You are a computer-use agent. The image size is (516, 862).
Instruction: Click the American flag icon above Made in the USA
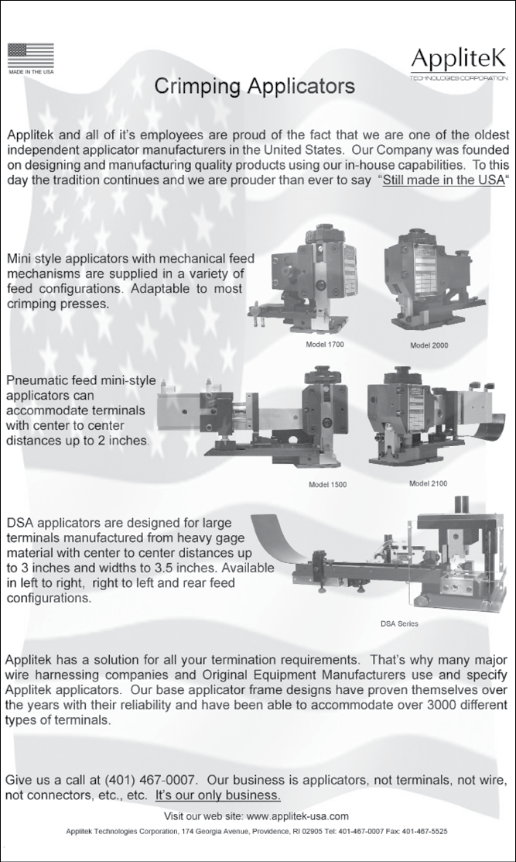31,55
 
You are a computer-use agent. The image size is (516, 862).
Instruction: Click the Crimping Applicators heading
255,86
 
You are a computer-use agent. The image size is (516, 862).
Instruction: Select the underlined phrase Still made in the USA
443,180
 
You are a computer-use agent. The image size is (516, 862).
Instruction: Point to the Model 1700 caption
325,345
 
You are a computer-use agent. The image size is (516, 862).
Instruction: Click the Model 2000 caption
429,345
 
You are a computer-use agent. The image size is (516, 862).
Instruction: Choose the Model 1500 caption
328,485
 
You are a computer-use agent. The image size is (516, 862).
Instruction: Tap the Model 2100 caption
428,483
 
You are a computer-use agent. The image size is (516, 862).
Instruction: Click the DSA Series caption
400,623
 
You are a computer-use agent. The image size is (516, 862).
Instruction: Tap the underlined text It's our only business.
218,795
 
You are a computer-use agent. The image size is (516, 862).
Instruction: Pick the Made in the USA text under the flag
31,71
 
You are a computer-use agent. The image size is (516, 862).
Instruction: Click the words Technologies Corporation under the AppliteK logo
459,78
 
